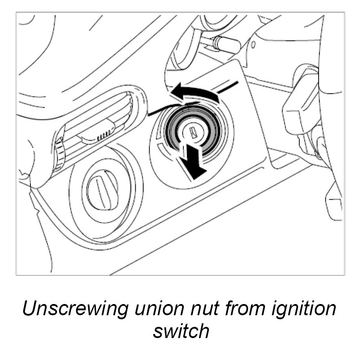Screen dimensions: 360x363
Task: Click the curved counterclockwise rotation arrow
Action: [195, 92]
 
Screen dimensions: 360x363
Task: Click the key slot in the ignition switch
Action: [193, 131]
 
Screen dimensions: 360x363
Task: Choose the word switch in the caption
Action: [181, 331]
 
